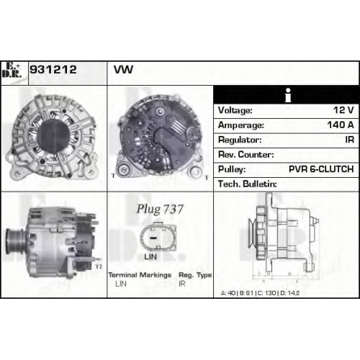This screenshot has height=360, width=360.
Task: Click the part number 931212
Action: pyautogui.click(x=53, y=70)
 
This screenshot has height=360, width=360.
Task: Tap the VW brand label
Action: pyautogui.click(x=123, y=70)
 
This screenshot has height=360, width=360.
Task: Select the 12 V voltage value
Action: pyautogui.click(x=343, y=110)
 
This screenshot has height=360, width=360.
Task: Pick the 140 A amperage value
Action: pyautogui.click(x=341, y=125)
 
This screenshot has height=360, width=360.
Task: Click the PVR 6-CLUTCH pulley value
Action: pyautogui.click(x=321, y=169)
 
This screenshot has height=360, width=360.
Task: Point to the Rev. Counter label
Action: pyautogui.click(x=246, y=154)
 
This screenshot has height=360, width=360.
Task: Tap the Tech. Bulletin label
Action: pyautogui.click(x=248, y=184)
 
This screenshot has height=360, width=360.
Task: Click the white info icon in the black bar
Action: pyautogui.click(x=288, y=95)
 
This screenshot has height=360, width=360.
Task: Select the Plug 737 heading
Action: pyautogui.click(x=160, y=209)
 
